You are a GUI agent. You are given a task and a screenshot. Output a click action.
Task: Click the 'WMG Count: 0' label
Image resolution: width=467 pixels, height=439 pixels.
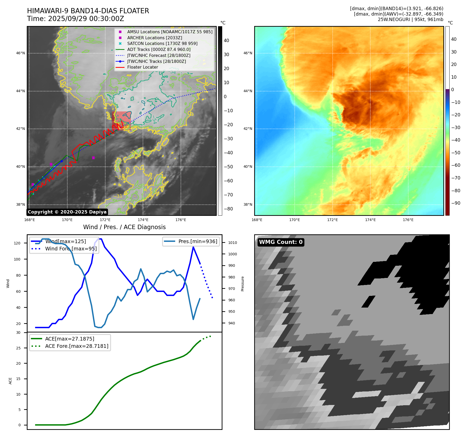point(281,242)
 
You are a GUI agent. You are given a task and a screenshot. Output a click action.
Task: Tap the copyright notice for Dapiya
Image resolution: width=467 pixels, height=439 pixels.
point(67,212)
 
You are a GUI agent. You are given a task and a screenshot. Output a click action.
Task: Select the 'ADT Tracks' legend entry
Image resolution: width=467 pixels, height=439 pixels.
point(159,49)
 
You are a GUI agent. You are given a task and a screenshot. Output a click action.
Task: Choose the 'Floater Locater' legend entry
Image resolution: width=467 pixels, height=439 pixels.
point(142,67)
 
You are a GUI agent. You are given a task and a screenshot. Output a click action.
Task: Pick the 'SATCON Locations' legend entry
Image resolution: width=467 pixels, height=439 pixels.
point(162,43)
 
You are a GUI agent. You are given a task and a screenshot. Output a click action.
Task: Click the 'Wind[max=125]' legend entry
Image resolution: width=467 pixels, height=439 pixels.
point(65,241)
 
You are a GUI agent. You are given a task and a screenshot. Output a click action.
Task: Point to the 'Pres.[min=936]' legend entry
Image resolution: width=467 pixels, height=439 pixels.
point(198,241)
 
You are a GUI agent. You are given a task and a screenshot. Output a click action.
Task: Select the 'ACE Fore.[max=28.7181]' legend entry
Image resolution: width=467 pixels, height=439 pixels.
point(77,346)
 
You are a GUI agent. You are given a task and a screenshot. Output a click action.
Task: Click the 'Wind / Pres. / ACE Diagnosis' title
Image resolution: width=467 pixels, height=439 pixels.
point(124,227)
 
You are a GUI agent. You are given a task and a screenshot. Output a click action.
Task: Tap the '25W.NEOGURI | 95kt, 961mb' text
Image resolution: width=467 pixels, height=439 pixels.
point(410,19)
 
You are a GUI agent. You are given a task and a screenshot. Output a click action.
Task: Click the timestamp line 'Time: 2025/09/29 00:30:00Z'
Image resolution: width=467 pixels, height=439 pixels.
point(76,19)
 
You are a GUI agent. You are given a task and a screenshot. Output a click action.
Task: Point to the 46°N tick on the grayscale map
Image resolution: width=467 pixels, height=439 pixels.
point(21,53)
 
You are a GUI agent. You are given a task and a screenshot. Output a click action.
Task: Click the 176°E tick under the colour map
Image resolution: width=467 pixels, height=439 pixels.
point(408,220)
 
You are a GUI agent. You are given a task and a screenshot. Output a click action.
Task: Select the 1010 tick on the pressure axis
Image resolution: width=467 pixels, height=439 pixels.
point(233,243)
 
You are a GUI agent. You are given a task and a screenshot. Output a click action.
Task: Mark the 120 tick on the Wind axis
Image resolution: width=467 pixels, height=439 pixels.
point(17,243)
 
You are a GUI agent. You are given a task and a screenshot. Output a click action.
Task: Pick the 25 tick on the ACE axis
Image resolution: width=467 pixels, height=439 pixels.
point(18,348)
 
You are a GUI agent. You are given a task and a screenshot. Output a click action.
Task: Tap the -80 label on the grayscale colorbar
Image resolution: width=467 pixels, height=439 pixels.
point(228,209)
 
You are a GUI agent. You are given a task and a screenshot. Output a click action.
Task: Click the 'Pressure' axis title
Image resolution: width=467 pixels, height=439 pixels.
point(242,284)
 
